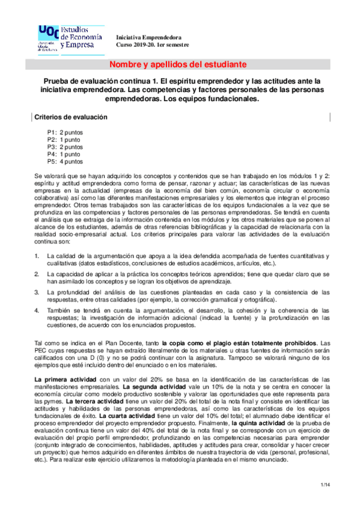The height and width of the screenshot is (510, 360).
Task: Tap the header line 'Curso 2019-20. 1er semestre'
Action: click(x=152, y=45)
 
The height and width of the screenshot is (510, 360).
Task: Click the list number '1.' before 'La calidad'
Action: click(x=37, y=256)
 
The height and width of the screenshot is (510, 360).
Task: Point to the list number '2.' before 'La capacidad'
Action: click(x=37, y=274)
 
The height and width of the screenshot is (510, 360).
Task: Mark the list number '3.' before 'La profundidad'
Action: click(x=37, y=292)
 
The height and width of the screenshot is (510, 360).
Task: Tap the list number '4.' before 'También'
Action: click(x=37, y=310)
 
